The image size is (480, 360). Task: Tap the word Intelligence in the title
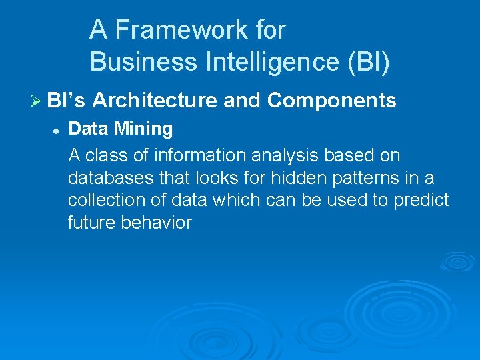(258, 62)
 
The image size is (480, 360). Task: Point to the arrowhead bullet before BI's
(37, 101)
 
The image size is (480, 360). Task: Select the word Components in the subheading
(331, 101)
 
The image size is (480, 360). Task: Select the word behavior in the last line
(156, 223)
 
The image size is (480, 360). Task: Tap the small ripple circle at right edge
(459, 261)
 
